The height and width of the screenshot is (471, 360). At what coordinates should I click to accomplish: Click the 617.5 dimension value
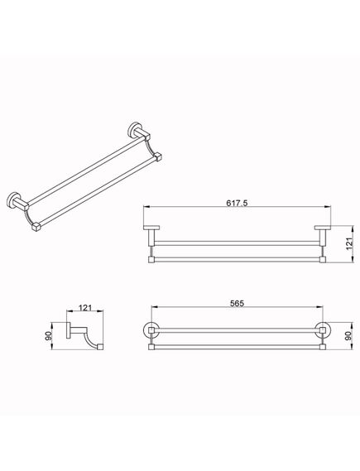[237, 203]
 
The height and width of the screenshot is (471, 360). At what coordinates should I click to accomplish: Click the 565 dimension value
[238, 304]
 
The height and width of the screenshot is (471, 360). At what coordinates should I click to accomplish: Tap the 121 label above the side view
[85, 308]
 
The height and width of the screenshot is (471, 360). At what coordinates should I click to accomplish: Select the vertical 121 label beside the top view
[349, 244]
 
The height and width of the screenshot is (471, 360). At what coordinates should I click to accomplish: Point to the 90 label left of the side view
[48, 336]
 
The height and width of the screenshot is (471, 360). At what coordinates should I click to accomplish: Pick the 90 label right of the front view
[348, 336]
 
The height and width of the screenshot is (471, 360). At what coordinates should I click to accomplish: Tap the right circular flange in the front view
[323, 330]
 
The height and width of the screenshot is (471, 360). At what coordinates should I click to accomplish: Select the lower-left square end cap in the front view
[151, 347]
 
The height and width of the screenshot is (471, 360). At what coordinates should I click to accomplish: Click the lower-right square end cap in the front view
[323, 347]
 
